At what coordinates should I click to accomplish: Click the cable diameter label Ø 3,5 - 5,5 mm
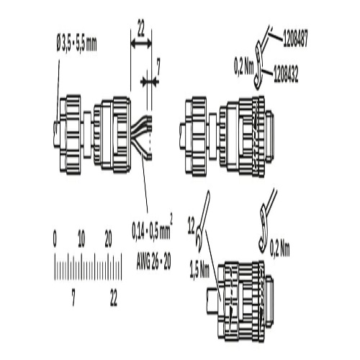(76, 45)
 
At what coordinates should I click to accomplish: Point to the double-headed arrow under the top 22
(141, 44)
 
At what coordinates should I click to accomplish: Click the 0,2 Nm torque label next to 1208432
(244, 68)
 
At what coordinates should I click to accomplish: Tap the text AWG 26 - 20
(153, 262)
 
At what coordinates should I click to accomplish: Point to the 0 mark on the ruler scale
(55, 240)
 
